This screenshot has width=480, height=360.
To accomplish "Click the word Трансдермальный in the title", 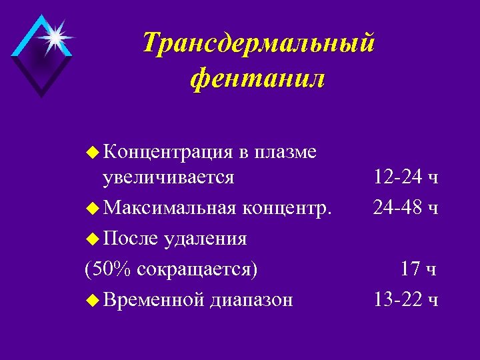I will coord(259,45).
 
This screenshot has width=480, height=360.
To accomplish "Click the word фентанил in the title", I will coord(257,79).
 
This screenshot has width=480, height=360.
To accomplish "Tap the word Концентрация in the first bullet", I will coord(167,153).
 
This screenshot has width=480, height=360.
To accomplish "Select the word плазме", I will coord(285,153).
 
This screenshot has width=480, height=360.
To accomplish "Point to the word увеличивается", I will coord(168,177).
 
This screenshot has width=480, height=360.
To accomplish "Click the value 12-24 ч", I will coord(405,177).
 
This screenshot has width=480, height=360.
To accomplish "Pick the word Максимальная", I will coord(169,208).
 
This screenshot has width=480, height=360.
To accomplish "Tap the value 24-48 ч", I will coord(405,208).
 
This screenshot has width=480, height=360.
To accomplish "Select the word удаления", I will coord(207,239).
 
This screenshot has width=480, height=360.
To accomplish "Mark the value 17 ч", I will coord(419,269).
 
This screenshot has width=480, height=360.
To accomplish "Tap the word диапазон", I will coord(251,300).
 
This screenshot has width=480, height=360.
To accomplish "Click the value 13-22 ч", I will coord(405,300).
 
